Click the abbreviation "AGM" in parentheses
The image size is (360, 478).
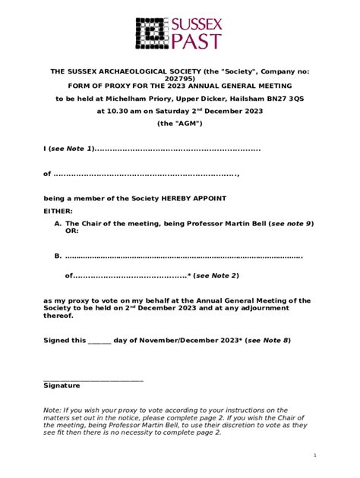[180, 124]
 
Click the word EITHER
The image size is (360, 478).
[59, 211]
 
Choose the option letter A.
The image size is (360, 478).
[58, 224]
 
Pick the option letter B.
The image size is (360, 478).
[58, 256]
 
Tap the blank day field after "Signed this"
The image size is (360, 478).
[99, 341]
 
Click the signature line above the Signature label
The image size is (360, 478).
[93, 378]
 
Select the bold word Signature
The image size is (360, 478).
[62, 385]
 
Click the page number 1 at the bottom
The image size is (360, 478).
[314, 454]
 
